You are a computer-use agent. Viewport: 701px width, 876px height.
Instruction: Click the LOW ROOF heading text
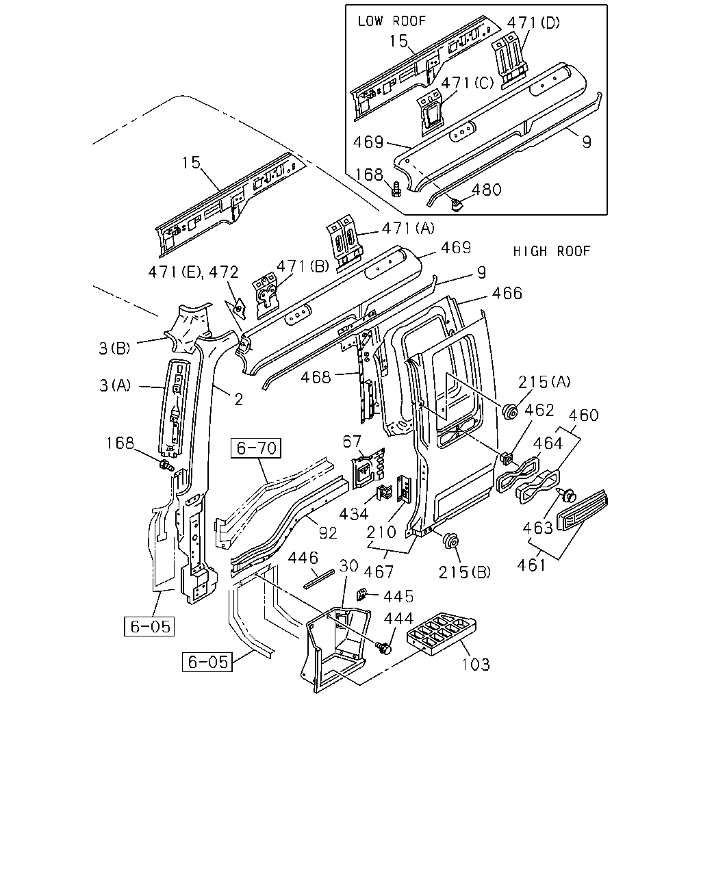click(392, 21)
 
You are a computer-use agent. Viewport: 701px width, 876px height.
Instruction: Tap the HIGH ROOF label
click(552, 251)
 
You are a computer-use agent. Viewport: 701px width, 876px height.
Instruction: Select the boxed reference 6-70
click(256, 448)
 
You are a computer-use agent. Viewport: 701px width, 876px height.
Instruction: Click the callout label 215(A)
click(544, 382)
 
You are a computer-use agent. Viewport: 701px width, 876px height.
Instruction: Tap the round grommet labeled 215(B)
click(451, 541)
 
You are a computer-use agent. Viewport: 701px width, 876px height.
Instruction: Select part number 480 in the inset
click(486, 190)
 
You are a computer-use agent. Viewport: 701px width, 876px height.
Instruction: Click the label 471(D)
click(533, 23)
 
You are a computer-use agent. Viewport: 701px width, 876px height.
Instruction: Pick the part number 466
click(507, 293)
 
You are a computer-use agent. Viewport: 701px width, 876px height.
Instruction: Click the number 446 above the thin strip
click(303, 558)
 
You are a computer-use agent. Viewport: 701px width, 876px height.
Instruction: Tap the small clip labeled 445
click(361, 595)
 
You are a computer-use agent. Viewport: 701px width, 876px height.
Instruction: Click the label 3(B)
click(114, 348)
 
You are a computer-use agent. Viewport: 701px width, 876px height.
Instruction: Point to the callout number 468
click(316, 377)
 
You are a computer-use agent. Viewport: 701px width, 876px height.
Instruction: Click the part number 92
click(328, 533)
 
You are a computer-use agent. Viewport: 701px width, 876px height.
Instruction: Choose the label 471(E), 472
click(193, 272)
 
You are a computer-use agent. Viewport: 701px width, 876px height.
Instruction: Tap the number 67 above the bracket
click(352, 441)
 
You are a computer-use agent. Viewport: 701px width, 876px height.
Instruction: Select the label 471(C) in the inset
click(467, 83)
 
